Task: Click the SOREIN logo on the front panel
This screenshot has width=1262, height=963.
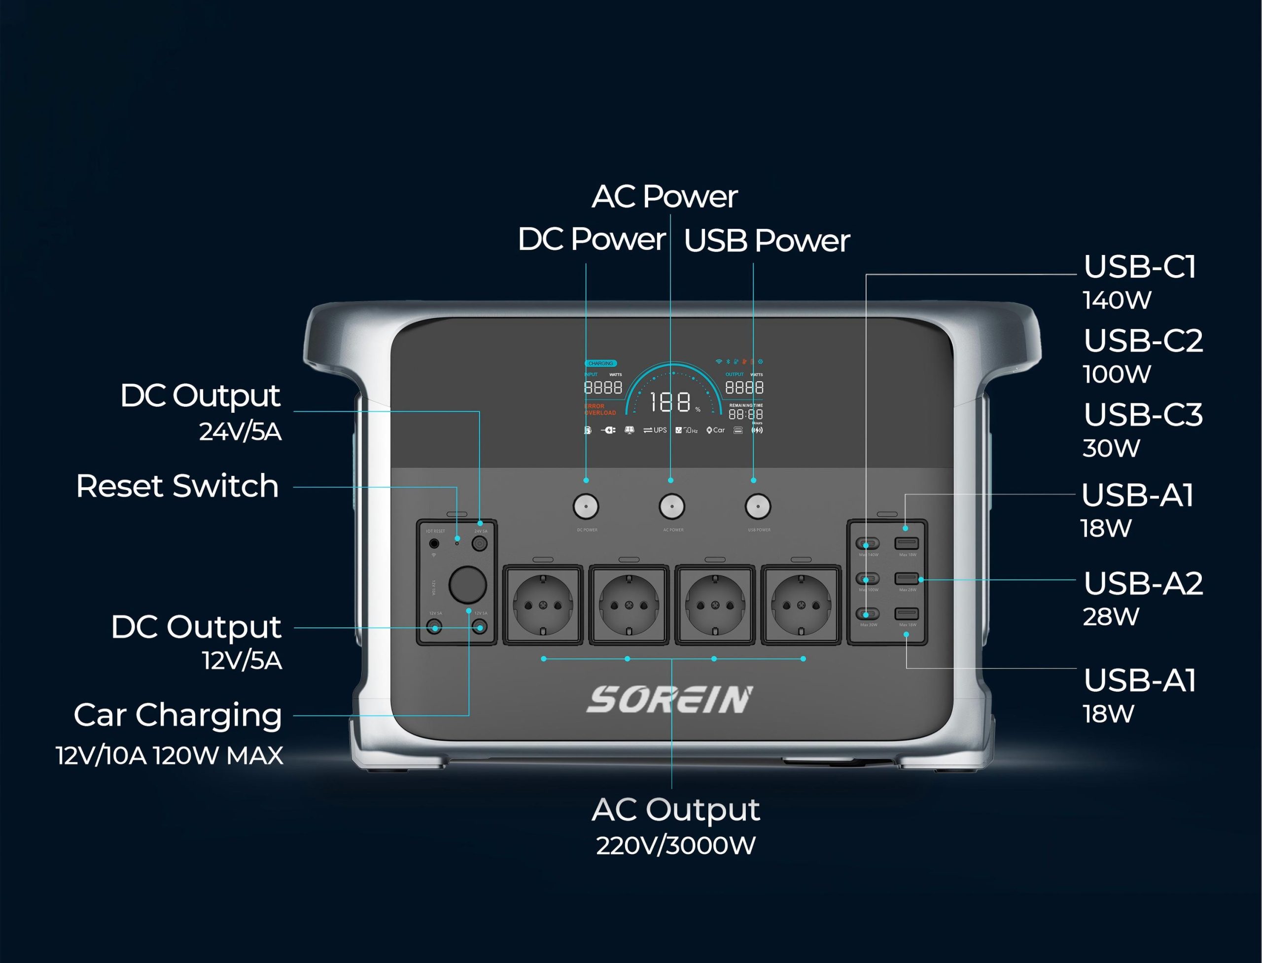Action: (669, 700)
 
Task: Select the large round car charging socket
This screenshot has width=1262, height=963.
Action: (468, 585)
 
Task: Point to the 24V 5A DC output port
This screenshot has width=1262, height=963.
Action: (480, 543)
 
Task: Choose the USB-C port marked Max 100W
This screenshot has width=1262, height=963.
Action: (868, 578)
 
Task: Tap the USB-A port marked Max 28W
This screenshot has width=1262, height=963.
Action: (907, 578)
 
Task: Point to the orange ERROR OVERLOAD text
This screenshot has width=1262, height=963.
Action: (600, 409)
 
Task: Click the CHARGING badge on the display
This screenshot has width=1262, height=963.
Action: (600, 363)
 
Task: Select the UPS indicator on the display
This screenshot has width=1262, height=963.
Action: (655, 430)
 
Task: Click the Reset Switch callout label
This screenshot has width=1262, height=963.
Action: (177, 487)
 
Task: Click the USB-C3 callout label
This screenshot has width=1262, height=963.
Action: (1143, 415)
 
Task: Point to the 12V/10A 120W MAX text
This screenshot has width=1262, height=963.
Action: (170, 756)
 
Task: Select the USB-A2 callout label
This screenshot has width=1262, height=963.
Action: (1143, 583)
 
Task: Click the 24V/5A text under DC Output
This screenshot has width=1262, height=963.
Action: (240, 431)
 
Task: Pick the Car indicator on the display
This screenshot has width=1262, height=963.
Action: (716, 430)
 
